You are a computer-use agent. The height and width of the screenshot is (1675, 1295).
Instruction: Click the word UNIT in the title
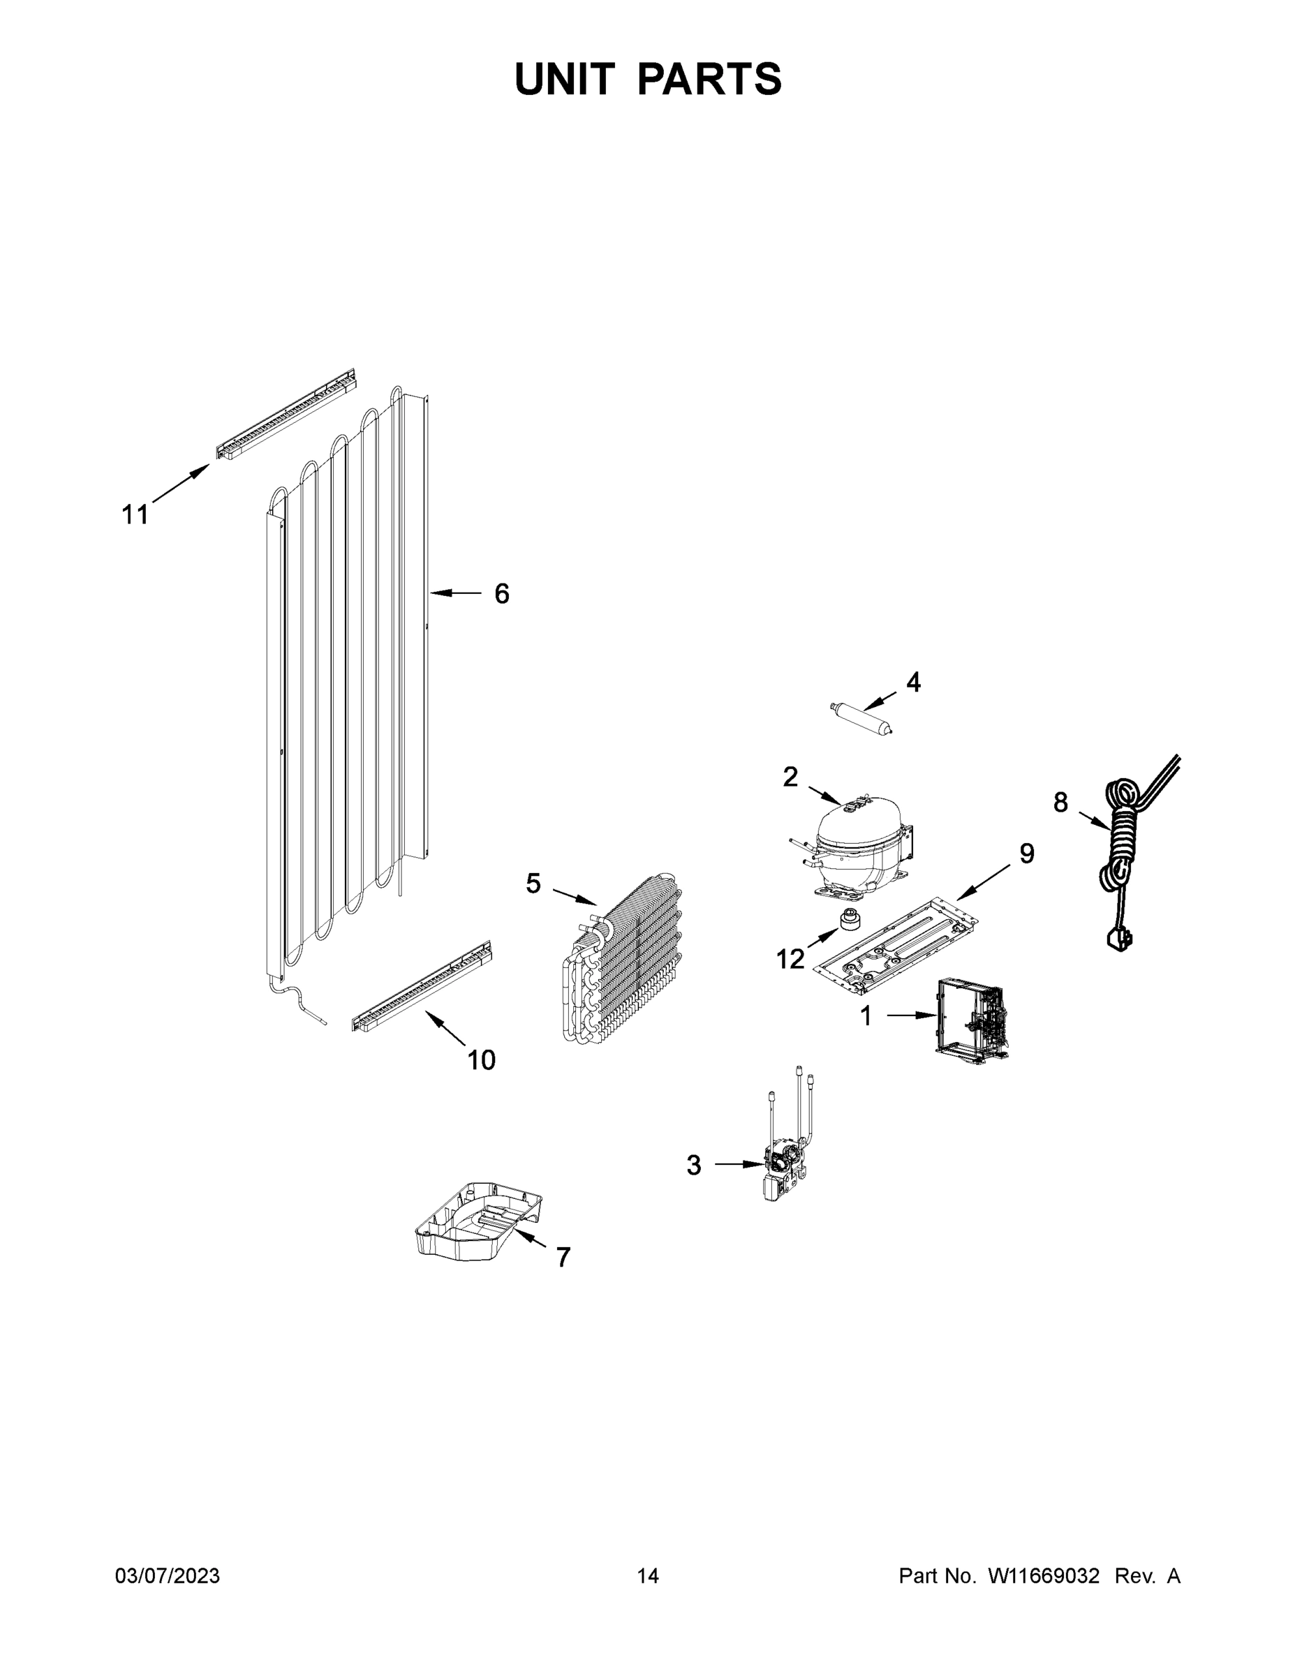click(x=565, y=79)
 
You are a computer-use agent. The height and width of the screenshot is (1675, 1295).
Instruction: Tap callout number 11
click(x=135, y=514)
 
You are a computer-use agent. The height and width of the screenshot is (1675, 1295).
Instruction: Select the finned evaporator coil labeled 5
click(x=626, y=962)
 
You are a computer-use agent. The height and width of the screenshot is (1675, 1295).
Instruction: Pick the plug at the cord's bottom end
click(x=1118, y=939)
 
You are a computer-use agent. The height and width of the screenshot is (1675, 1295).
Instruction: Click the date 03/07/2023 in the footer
click(x=168, y=1576)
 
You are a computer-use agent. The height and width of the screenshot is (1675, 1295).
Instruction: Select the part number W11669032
click(x=1044, y=1576)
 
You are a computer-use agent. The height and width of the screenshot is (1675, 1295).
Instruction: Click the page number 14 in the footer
click(x=648, y=1576)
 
